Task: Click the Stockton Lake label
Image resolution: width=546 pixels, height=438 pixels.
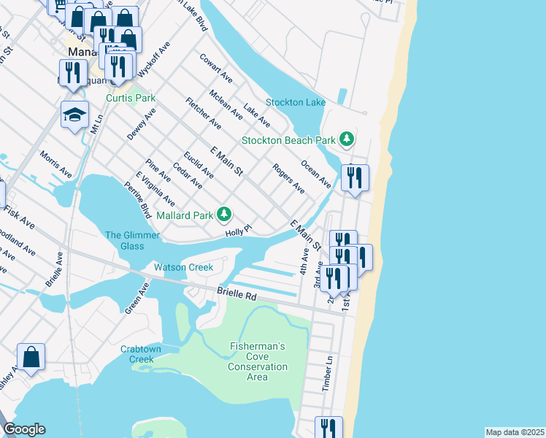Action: pos(295,102)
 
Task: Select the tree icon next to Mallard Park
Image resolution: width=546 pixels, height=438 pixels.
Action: pos(226,214)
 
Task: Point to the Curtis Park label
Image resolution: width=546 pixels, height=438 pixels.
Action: pos(131,98)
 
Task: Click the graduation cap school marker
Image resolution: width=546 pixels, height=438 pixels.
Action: pos(74,115)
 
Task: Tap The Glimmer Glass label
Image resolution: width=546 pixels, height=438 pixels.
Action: pos(124,240)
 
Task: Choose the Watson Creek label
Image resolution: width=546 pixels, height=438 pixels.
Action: pos(183,267)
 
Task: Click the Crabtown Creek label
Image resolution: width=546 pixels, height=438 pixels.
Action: pos(137,354)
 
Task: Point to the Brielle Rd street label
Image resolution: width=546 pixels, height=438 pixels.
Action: pos(238,294)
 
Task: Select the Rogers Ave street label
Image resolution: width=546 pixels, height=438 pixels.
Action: pos(288,178)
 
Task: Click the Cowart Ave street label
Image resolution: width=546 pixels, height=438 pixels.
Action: pos(216,67)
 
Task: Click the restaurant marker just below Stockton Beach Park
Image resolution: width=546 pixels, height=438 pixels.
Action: pos(355,177)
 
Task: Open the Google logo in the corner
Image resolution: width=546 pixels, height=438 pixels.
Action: pos(24,429)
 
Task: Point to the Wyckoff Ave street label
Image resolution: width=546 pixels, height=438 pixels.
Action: pos(154,58)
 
